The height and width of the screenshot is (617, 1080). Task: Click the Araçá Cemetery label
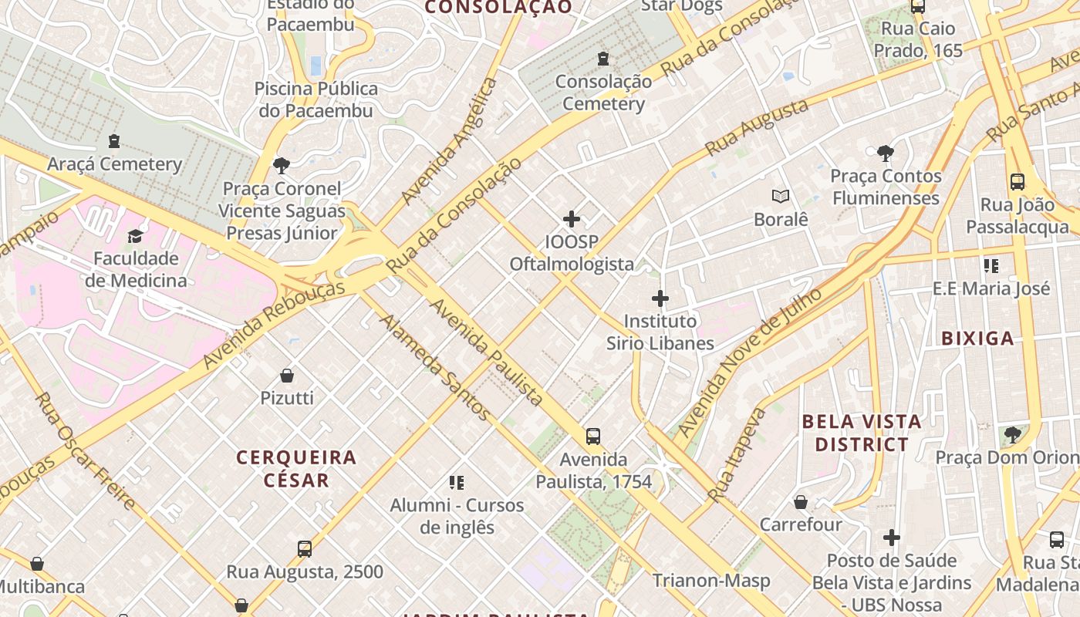point(114,164)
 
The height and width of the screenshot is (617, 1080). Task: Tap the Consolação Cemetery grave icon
point(603,59)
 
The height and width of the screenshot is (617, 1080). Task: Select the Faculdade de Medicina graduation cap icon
point(136,236)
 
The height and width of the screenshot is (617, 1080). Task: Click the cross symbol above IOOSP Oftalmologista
point(572,220)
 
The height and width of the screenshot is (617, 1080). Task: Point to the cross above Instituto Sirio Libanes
point(660,298)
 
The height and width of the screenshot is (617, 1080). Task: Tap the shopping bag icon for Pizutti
point(287,376)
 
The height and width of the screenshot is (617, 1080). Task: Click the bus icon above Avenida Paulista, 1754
point(593,437)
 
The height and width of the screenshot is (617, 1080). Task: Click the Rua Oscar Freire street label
point(86,451)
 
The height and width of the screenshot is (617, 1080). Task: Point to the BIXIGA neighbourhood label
point(978,338)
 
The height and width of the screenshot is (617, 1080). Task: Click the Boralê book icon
point(781,197)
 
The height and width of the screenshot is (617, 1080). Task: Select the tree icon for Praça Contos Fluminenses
point(885,153)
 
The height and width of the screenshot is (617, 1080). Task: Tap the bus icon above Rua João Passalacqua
point(1018,182)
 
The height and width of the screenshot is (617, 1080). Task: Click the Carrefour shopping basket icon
point(801,502)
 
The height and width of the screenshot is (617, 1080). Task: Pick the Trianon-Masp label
point(711,581)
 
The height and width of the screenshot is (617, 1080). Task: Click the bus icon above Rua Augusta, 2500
point(305,549)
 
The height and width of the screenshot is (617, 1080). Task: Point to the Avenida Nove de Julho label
point(748,362)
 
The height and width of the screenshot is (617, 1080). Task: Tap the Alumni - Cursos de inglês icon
point(457,483)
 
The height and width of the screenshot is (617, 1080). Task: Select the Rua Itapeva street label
point(737,454)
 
